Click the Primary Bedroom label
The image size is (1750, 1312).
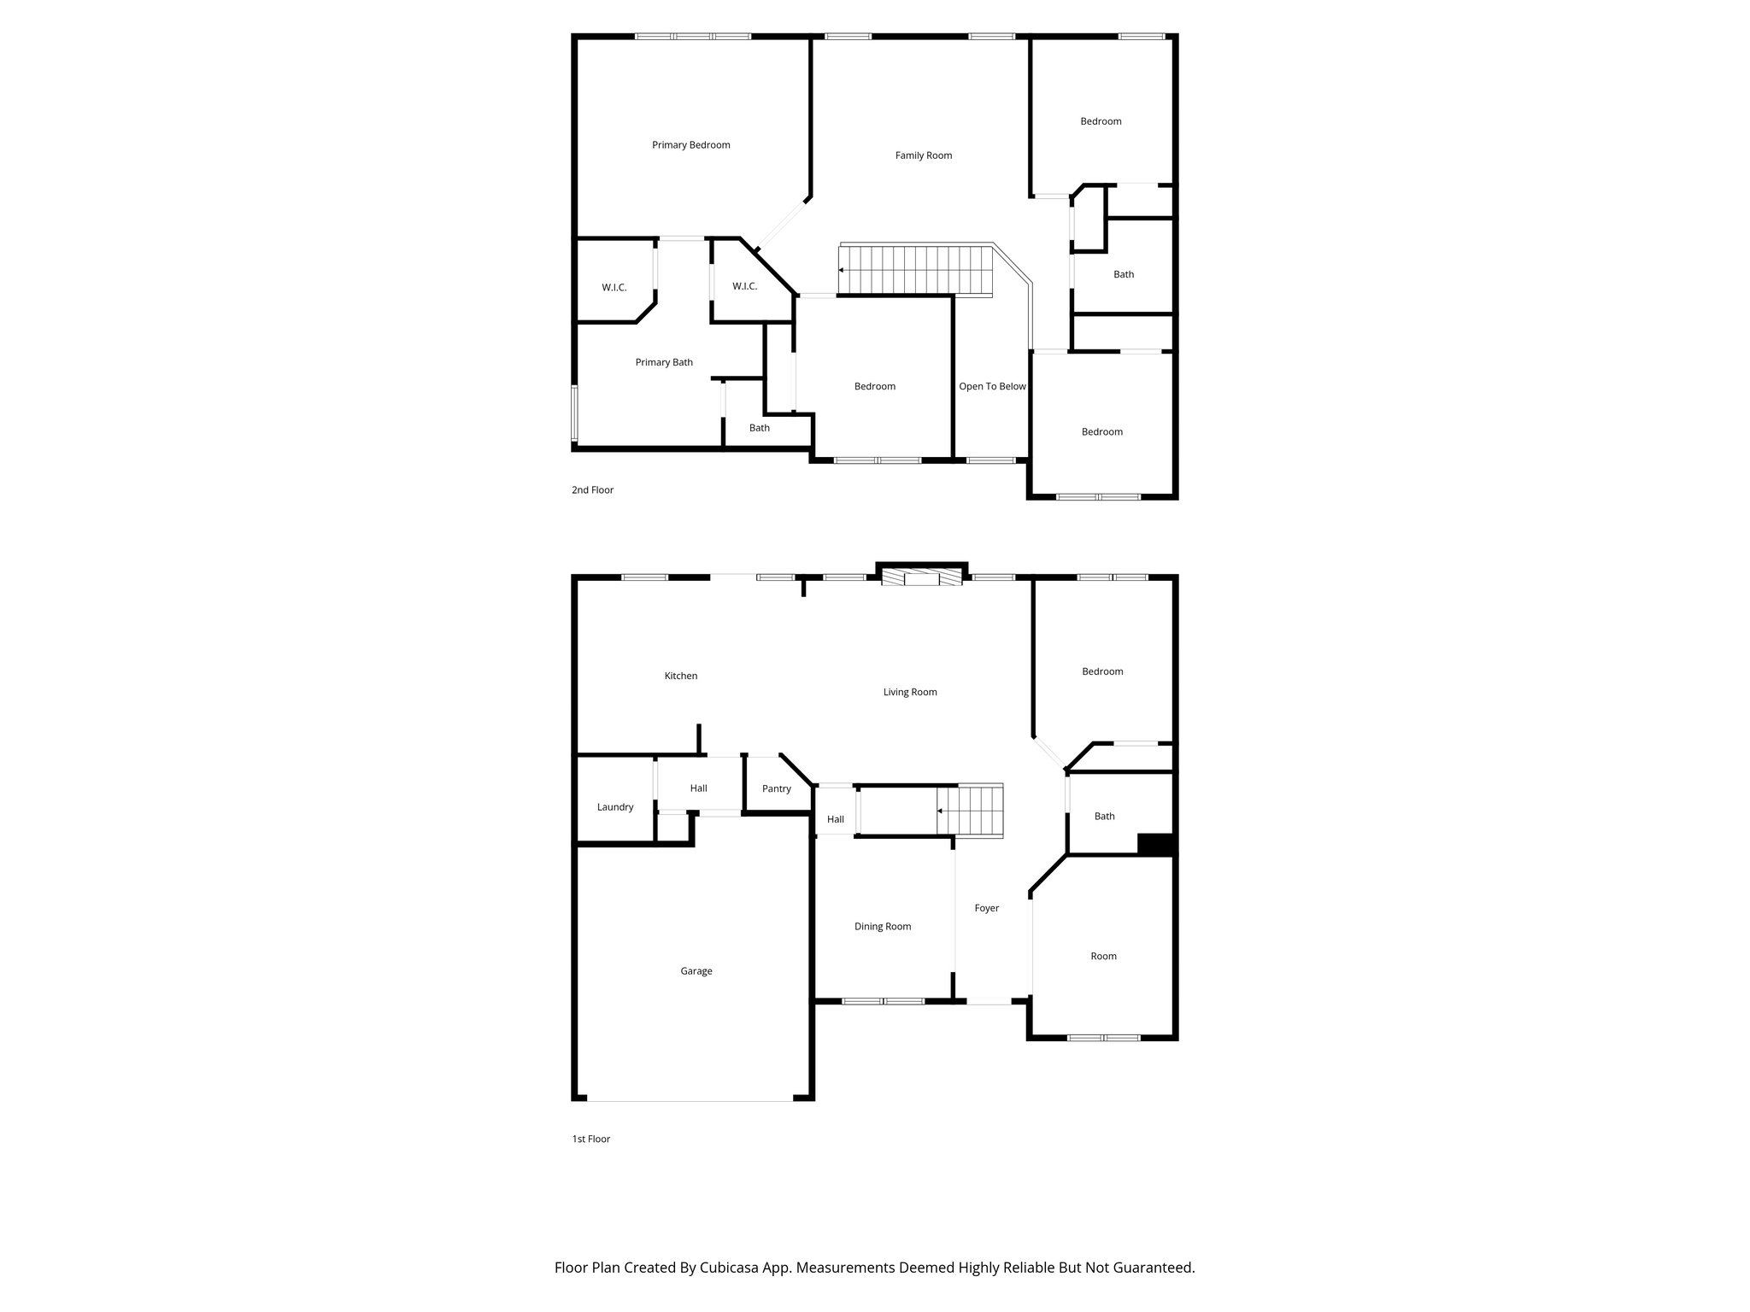coord(690,145)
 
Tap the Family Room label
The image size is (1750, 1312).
coord(923,155)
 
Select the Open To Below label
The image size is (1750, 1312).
coord(991,386)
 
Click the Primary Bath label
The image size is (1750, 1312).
coord(664,362)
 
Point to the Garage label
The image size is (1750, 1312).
coord(696,971)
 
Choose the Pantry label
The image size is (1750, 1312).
coord(776,788)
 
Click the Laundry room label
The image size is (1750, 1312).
coord(614,807)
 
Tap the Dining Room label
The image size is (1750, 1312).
coord(882,927)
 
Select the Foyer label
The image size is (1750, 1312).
coord(986,908)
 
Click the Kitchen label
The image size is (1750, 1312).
coord(680,676)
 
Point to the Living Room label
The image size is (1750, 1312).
coord(909,692)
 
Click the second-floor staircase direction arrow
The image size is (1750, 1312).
coord(842,270)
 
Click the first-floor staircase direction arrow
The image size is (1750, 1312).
coord(940,811)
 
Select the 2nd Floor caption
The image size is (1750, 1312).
coord(592,490)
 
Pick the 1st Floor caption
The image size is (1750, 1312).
coord(590,1139)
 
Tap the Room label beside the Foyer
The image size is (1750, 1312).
coord(1103,956)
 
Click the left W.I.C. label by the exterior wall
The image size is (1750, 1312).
coord(614,288)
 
